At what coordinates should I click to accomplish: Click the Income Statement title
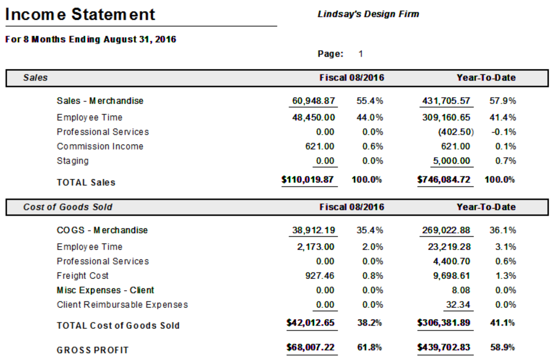(x=80, y=14)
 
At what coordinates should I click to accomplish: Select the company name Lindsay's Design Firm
(x=368, y=14)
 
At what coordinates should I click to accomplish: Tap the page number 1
(x=361, y=54)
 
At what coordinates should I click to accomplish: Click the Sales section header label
(x=35, y=78)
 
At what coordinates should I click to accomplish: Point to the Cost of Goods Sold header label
(x=67, y=207)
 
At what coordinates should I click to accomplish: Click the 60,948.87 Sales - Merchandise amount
(x=313, y=101)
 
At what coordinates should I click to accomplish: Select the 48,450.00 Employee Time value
(x=313, y=117)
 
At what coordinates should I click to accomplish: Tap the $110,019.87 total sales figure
(x=308, y=180)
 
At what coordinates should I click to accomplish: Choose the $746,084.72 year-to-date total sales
(x=444, y=180)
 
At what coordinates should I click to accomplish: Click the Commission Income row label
(x=100, y=147)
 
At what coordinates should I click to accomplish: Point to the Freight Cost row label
(x=82, y=276)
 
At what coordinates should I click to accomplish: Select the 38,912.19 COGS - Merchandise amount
(x=313, y=230)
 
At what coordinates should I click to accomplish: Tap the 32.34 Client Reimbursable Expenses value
(x=460, y=305)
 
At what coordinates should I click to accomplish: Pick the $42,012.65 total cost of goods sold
(x=310, y=322)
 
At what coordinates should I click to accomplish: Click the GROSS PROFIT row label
(x=92, y=350)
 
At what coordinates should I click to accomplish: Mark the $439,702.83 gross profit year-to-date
(x=444, y=347)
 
